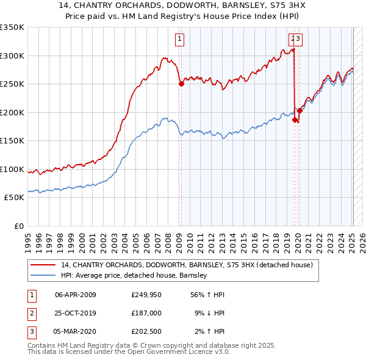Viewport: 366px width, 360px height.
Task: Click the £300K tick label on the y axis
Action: [x=12, y=56]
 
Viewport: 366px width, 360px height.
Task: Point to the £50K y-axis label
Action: [x=14, y=198]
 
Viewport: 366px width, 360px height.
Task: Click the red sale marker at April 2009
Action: [x=181, y=84]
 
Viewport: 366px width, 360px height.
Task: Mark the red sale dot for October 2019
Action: [x=295, y=120]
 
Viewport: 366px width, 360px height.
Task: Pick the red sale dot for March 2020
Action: [x=300, y=111]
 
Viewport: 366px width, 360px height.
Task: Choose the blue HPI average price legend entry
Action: [x=134, y=275]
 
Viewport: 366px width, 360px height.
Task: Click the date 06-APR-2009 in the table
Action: [x=76, y=294]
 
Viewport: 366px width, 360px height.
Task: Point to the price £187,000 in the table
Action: [x=146, y=313]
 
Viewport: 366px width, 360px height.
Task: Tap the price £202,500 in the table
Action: [x=146, y=332]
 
